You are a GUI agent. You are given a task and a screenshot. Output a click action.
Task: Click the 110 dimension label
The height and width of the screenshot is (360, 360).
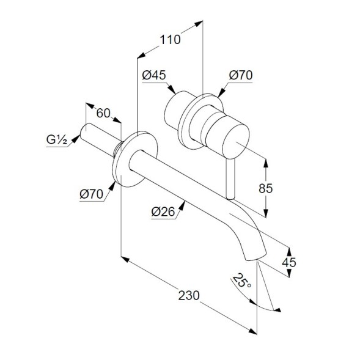coord(170,40)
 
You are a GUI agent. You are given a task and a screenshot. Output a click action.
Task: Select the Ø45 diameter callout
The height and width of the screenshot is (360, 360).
coord(154,75)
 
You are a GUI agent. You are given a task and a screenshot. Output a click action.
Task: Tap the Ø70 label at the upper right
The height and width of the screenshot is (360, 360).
coord(241,75)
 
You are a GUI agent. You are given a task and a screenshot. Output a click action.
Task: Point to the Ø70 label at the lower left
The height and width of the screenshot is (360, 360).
coord(92,194)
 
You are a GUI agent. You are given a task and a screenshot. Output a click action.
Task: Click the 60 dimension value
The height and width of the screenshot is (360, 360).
coord(103,113)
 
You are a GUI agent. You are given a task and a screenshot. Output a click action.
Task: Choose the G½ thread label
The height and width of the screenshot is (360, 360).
coord(57,139)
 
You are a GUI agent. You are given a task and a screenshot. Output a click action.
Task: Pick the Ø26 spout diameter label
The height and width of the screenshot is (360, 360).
coord(163,211)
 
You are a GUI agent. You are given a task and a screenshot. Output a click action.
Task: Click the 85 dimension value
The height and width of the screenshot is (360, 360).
coord(266,188)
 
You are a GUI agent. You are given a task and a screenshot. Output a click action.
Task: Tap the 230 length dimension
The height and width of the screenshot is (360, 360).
coord(189,295)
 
